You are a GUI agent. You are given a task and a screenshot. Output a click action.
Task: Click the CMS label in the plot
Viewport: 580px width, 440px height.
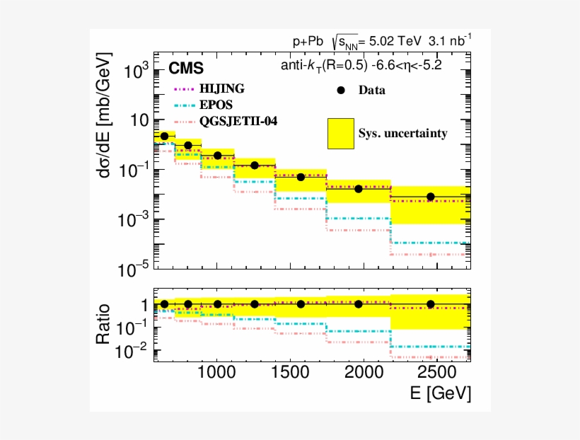186,69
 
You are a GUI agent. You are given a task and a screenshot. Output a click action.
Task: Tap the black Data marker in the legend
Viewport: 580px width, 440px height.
340,90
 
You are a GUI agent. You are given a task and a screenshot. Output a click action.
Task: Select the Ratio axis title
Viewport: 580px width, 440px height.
103,324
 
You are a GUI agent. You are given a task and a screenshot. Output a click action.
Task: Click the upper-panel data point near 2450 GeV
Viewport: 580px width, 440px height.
430,197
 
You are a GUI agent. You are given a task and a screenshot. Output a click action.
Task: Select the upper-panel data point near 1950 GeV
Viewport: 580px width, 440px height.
359,189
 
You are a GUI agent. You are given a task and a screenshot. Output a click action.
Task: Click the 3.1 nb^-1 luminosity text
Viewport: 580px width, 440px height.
450,41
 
